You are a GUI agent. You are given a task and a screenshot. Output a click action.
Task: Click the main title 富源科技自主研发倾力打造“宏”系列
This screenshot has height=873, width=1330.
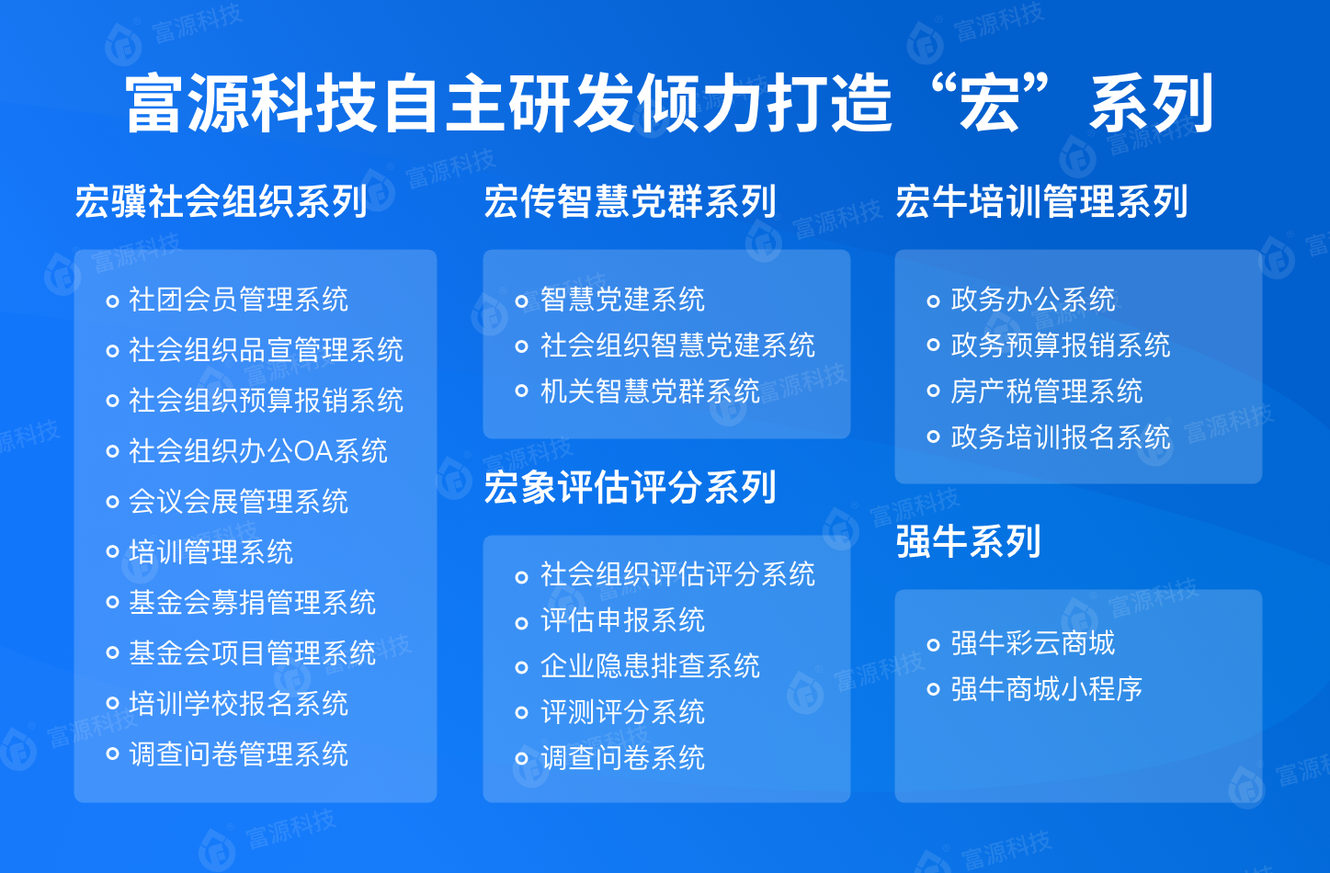669,103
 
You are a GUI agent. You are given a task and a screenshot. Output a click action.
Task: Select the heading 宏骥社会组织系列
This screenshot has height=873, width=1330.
221,201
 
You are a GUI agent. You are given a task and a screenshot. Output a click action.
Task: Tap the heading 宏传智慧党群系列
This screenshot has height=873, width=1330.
630,201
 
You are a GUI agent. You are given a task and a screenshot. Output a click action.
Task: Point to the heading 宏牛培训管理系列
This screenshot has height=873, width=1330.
1041,201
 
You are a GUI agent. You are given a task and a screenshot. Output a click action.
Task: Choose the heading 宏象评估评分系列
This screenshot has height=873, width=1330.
630,487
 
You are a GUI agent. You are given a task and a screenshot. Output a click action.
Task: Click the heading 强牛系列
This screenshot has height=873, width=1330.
968,541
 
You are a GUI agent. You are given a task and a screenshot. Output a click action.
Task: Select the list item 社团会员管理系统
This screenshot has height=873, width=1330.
238,299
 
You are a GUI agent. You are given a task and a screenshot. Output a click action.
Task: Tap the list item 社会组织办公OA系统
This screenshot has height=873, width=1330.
258,451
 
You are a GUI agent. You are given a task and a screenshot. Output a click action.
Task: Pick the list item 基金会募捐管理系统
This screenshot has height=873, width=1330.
253,603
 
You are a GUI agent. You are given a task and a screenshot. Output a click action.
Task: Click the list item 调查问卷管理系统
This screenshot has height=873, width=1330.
238,754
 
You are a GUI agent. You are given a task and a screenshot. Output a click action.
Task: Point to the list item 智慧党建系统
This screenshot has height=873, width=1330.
622,299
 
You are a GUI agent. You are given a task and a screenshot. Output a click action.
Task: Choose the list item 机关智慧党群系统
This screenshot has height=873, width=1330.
650,391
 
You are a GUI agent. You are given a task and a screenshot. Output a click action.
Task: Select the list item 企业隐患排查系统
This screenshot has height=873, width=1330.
650,666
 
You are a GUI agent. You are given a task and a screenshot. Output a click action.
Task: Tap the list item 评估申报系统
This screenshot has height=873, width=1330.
622,620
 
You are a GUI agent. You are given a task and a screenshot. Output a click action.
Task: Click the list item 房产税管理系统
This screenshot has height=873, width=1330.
1047,391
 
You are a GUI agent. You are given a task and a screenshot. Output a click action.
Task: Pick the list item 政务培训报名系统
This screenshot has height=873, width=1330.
1061,436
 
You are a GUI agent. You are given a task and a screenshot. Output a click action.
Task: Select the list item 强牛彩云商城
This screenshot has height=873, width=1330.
1033,642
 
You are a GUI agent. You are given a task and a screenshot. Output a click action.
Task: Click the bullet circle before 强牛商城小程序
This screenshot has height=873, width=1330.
933,689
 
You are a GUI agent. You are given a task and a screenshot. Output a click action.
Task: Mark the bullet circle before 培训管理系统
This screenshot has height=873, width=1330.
112,552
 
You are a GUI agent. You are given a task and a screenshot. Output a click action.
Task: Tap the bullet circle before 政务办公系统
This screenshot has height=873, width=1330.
933,300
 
